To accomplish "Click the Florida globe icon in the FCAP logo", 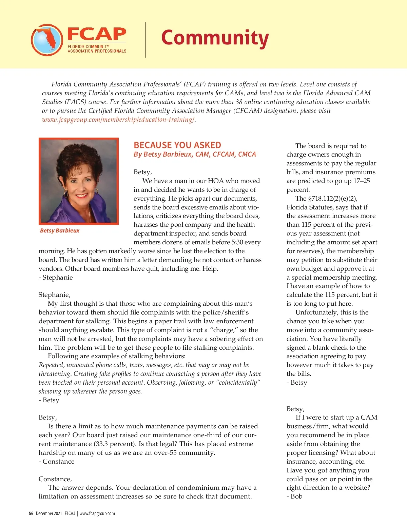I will coord(47,40).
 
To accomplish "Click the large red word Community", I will coord(215,38).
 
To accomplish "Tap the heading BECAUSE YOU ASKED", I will coord(177,145).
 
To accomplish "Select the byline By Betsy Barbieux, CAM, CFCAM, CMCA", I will coord(195,154).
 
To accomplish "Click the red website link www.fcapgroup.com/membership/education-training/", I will coord(118,119).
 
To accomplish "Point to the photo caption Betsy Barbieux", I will coord(60,230).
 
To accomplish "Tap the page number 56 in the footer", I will coord(31,513).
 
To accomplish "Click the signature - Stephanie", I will coord(56,277).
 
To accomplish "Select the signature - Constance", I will coord(56,461).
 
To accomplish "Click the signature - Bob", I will coord(294,496).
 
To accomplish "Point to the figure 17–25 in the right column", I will coord(362,181).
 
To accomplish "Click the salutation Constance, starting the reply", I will coord(55,479).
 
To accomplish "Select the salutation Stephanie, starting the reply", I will coord(55,295).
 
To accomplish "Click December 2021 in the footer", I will coord(49,513).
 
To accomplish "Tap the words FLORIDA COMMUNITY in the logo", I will coord(89,46).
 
